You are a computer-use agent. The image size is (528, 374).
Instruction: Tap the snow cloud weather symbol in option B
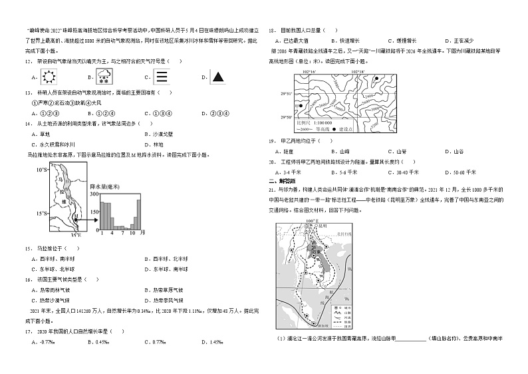[x=104, y=77]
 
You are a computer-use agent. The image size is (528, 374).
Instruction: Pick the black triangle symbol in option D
[x=217, y=77]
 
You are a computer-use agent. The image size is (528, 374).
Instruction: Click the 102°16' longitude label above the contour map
[x=309, y=71]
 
